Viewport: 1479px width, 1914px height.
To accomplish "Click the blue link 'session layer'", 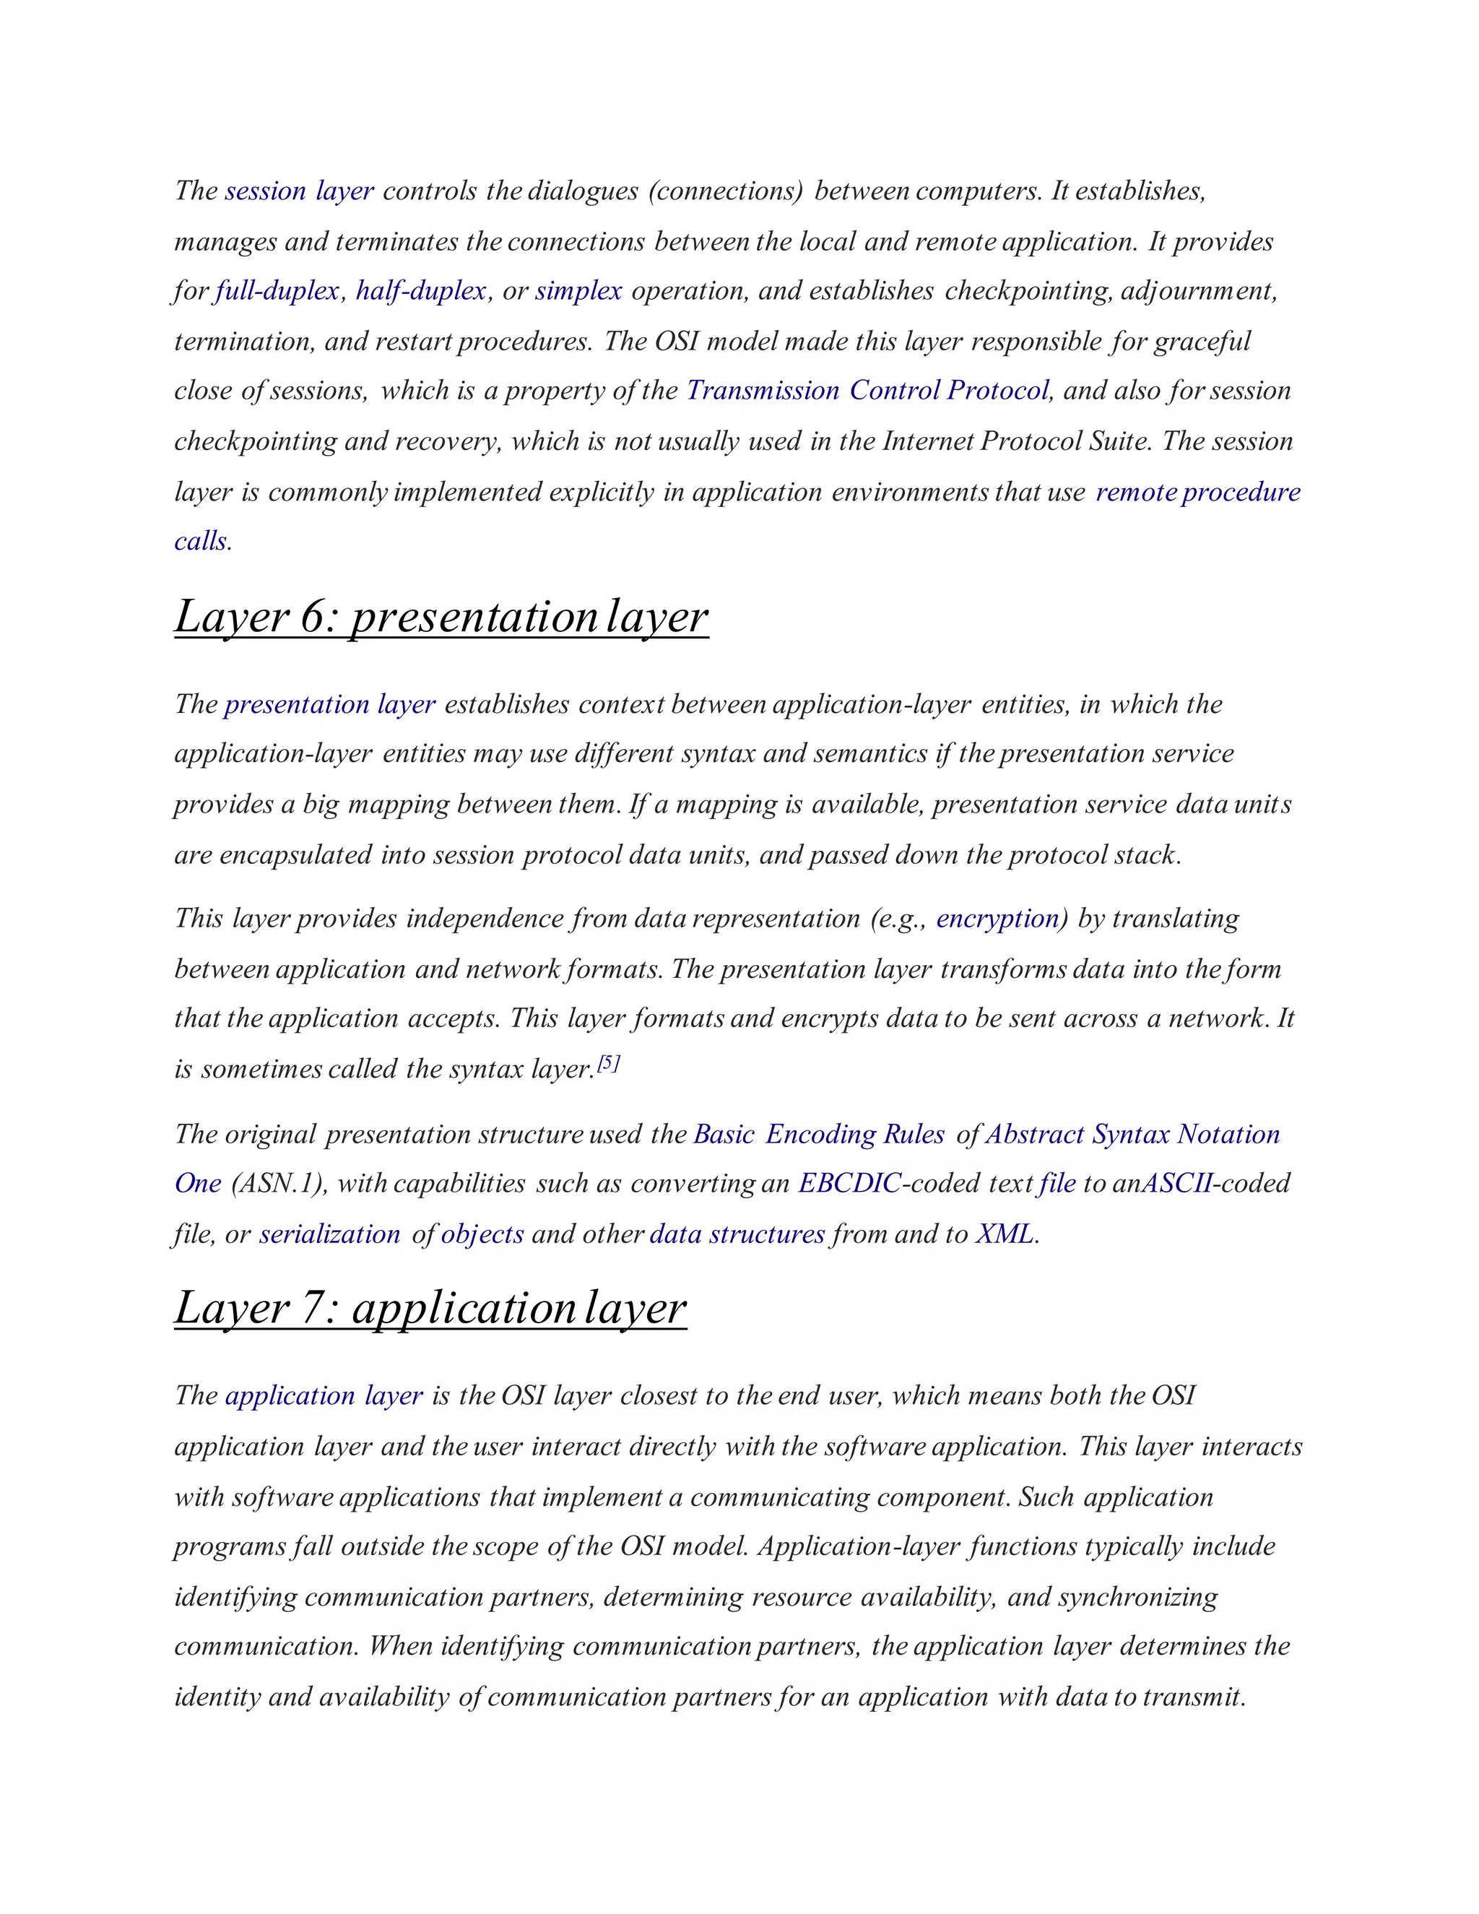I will click(x=299, y=191).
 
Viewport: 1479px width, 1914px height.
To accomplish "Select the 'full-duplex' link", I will click(x=277, y=291).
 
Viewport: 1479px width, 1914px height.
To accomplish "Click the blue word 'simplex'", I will click(x=578, y=291).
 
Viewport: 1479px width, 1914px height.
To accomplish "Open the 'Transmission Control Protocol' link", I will click(x=867, y=391).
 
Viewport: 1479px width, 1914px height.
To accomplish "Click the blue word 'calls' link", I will click(x=201, y=542).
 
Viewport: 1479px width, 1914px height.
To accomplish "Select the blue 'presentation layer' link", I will click(x=329, y=705).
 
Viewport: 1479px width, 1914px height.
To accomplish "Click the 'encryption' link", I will click(x=998, y=919).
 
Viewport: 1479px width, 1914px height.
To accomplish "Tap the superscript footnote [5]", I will click(x=608, y=1064).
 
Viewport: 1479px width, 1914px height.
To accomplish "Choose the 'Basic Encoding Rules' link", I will click(x=818, y=1134).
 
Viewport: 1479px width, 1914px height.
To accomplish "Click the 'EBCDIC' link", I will click(x=849, y=1184).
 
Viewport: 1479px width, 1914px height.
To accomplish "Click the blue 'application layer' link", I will click(x=324, y=1396).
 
